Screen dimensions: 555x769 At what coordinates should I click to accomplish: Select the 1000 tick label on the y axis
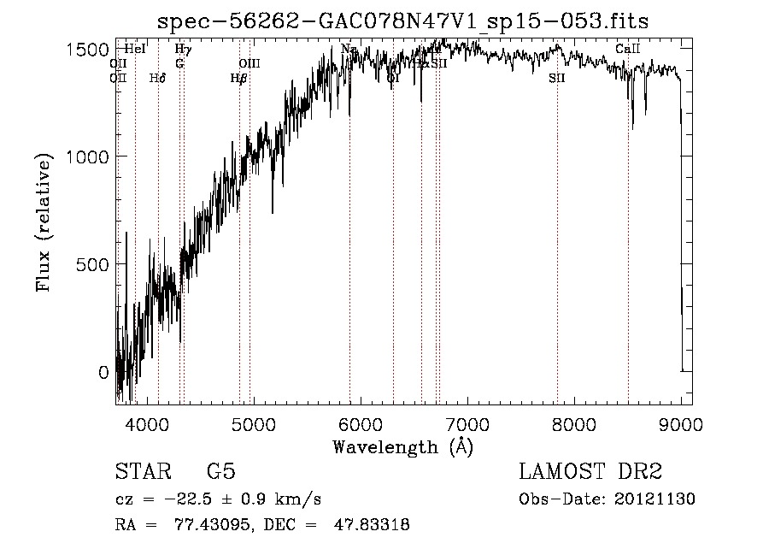point(87,156)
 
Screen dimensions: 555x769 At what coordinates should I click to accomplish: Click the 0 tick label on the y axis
point(104,372)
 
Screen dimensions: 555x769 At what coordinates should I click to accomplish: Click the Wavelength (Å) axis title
point(402,446)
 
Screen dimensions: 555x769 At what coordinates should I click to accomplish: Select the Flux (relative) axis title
point(44,222)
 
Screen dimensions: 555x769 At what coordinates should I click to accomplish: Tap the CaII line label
point(628,50)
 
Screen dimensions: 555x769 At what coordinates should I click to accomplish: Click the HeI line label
point(135,50)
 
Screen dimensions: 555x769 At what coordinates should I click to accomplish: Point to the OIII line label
point(249,63)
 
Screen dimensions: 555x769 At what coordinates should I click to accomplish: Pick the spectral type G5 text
point(220,472)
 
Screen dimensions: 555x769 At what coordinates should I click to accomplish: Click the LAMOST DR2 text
point(590,472)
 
